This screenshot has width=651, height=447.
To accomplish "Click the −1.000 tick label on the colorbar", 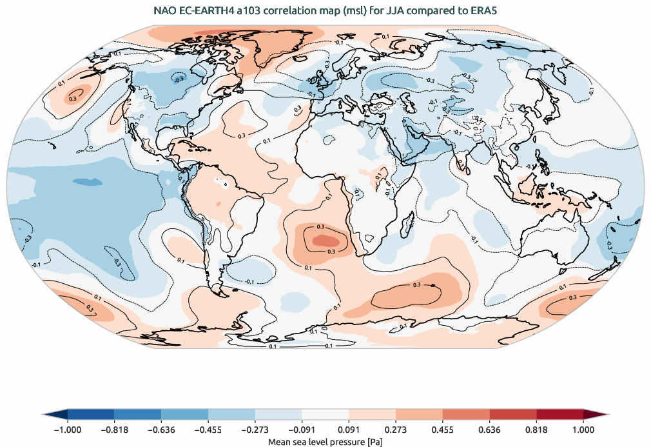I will click(x=66, y=429).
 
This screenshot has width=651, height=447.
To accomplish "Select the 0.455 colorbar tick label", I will click(x=442, y=429).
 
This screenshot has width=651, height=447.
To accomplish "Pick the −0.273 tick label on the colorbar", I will click(x=254, y=429).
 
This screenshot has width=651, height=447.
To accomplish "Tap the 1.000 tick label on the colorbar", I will click(x=583, y=429).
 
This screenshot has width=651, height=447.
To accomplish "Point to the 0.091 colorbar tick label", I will click(x=348, y=429).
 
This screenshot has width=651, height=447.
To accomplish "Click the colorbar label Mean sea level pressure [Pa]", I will click(x=325, y=441).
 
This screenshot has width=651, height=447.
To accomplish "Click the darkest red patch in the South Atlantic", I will click(x=320, y=240).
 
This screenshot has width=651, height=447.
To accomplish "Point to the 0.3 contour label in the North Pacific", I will click(x=72, y=98).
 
